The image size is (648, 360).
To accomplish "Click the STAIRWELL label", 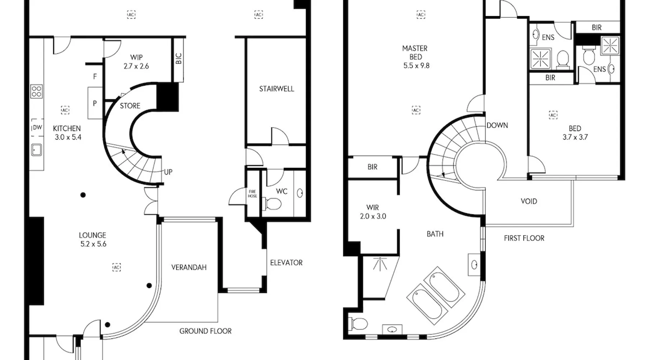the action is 276,89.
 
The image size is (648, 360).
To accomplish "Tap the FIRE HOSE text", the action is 252,194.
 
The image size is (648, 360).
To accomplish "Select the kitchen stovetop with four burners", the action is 37,91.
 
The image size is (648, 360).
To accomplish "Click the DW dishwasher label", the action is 37,127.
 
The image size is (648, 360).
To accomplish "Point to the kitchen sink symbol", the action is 37,149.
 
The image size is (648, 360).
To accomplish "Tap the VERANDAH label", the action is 189,267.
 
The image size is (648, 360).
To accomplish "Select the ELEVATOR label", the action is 286,262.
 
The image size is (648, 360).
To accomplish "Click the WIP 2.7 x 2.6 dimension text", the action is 136,66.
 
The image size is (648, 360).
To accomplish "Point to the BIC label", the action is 179,59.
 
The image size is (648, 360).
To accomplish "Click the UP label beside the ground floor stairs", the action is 168,172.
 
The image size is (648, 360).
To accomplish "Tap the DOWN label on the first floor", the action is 497,125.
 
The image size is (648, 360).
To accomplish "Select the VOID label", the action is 529,201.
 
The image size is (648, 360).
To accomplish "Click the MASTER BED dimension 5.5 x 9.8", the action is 416,66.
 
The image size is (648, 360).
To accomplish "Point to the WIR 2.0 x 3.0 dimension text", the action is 373,216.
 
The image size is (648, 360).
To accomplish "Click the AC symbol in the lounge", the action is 116,267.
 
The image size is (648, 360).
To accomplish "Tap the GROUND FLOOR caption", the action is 206,331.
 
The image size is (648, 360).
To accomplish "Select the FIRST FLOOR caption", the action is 524,238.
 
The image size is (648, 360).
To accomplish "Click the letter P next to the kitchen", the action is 95,103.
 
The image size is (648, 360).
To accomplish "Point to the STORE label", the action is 130,106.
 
